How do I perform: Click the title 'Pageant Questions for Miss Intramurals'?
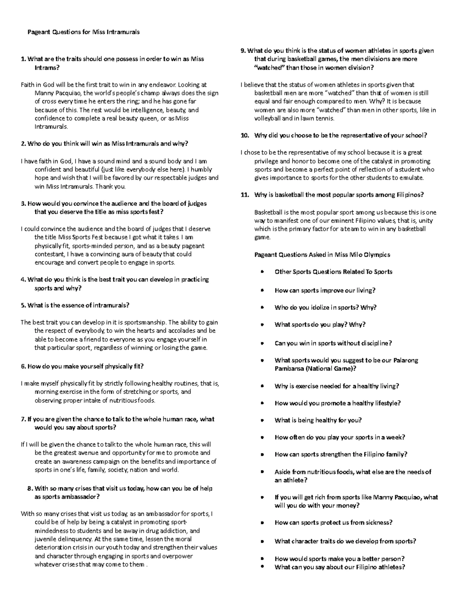point(83,32)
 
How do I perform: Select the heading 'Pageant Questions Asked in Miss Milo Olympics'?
point(322,255)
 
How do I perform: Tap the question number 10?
point(245,136)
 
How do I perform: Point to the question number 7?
point(23,420)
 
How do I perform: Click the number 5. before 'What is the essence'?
point(23,305)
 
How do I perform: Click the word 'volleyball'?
point(267,118)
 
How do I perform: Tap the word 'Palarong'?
point(406,360)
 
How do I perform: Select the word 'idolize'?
point(310,307)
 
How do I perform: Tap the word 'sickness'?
point(379,523)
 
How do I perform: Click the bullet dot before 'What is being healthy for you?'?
point(263,420)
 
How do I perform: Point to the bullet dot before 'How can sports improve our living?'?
point(263,291)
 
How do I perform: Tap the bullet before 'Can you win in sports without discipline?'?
point(263,344)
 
